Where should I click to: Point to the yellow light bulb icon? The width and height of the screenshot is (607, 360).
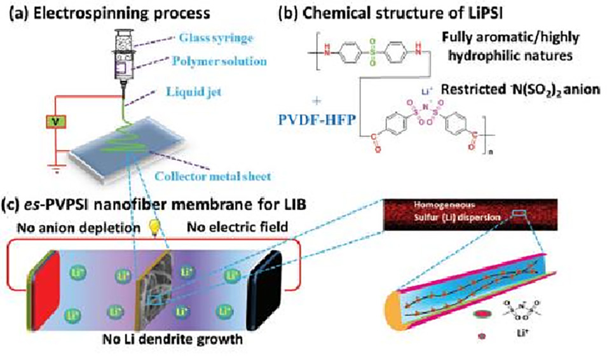153,228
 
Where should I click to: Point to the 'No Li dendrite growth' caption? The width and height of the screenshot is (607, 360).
168,340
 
